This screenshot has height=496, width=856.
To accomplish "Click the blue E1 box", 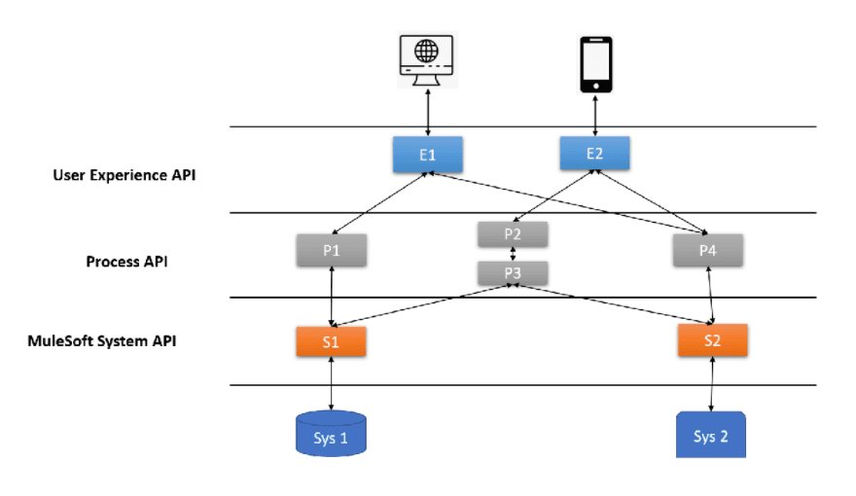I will pyautogui.click(x=427, y=154).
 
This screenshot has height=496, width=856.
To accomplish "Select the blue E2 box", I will pyautogui.click(x=595, y=153).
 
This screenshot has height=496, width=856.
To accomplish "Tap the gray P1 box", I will pyautogui.click(x=333, y=250).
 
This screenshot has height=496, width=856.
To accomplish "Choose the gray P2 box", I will pyautogui.click(x=513, y=234).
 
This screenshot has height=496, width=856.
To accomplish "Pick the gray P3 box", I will pyautogui.click(x=513, y=273).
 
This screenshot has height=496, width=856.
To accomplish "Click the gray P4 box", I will pyautogui.click(x=708, y=250).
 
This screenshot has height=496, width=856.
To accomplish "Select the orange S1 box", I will pyautogui.click(x=332, y=340).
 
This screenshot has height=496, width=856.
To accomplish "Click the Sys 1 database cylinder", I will pyautogui.click(x=331, y=434).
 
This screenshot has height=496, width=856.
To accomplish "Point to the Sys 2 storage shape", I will pyautogui.click(x=711, y=435).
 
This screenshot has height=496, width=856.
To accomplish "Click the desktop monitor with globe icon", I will pyautogui.click(x=428, y=61).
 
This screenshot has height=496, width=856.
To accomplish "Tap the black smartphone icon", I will pyautogui.click(x=595, y=65).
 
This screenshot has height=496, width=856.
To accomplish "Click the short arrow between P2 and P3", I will pyautogui.click(x=513, y=254).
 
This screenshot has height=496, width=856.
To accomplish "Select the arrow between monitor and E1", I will pyautogui.click(x=428, y=110).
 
